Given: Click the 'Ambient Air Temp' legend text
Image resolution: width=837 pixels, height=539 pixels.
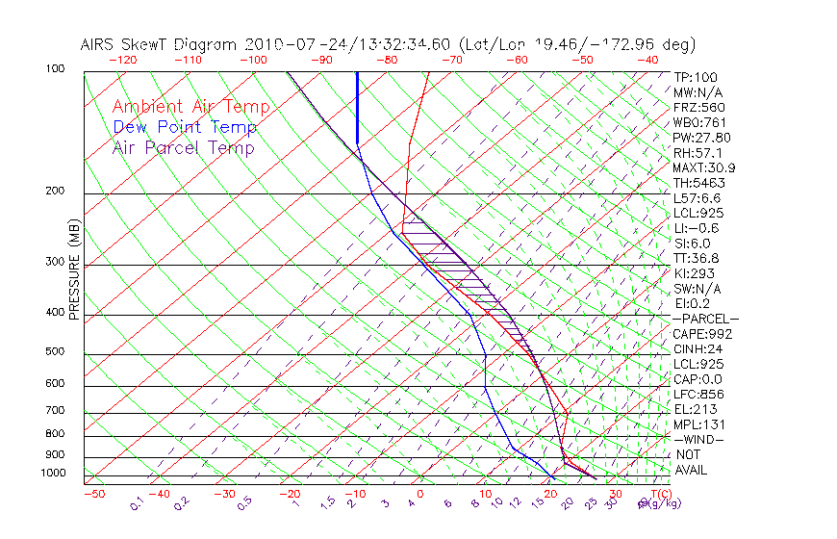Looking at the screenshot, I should pyautogui.click(x=190, y=107).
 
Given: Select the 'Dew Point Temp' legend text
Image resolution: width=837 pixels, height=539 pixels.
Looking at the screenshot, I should pyautogui.click(x=184, y=127).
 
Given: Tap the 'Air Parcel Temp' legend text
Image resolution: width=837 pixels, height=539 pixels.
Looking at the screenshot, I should pyautogui.click(x=183, y=147).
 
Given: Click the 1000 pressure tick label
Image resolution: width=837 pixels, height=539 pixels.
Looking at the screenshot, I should pyautogui.click(x=54, y=474).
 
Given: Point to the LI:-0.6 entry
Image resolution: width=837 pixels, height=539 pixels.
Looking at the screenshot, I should pyautogui.click(x=697, y=228).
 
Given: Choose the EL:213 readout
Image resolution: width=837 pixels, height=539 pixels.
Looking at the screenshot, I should pyautogui.click(x=695, y=409).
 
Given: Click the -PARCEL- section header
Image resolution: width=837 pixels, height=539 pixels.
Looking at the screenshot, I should pyautogui.click(x=705, y=319).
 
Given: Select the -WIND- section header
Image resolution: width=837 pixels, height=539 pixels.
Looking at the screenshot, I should pyautogui.click(x=698, y=440).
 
